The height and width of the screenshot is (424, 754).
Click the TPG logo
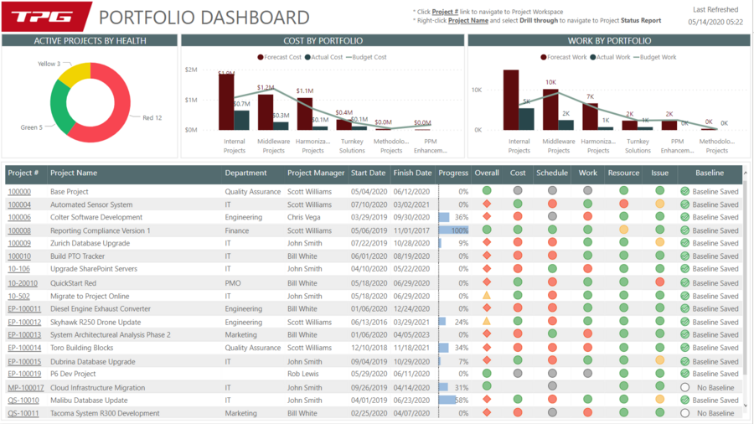(46, 17)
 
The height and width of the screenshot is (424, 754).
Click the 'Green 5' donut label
(32, 127)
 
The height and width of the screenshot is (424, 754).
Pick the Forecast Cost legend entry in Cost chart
(280, 57)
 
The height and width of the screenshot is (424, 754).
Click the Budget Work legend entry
(658, 57)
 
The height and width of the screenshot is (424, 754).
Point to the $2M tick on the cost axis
(190, 70)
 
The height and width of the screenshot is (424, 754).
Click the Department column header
(246, 173)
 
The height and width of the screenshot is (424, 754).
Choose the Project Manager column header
(316, 173)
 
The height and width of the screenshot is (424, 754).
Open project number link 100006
(19, 217)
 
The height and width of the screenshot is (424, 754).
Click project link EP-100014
(24, 348)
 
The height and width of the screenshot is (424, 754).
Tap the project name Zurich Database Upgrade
(90, 243)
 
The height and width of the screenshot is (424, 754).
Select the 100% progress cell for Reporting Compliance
(453, 230)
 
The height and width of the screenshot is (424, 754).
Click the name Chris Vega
(303, 217)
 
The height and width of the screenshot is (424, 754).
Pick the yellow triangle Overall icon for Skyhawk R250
(486, 322)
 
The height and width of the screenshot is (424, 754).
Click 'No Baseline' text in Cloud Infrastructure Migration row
(715, 387)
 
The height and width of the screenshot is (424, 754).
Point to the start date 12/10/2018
(368, 348)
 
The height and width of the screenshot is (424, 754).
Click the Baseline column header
(710, 173)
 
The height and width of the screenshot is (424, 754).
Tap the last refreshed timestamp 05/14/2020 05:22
(715, 23)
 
